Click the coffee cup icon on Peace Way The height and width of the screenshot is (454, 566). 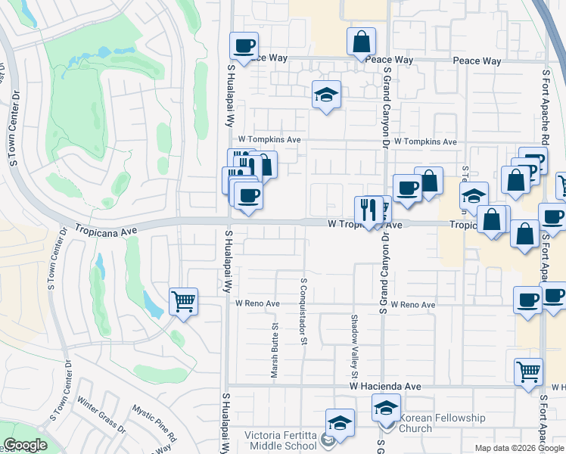click(x=244, y=46)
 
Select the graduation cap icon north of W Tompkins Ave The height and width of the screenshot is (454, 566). click(x=326, y=95)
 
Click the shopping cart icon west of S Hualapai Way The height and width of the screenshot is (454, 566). click(x=184, y=301)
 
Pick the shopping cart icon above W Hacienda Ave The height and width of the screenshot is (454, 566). click(x=528, y=372)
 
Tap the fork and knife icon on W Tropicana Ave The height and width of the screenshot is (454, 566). click(x=369, y=209)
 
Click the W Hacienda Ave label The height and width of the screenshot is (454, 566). click(x=385, y=386)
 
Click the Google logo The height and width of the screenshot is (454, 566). click(x=25, y=446)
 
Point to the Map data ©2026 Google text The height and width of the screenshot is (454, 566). click(x=518, y=448)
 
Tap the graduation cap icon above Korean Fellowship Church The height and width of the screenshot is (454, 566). click(x=386, y=409)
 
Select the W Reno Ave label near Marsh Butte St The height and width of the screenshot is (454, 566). click(x=257, y=303)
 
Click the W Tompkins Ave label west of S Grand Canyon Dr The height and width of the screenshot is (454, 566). click(x=269, y=140)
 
